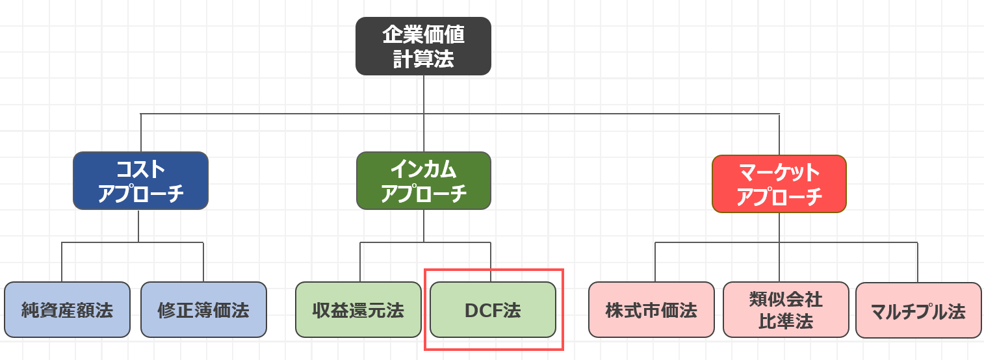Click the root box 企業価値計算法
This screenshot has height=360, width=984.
(423, 46)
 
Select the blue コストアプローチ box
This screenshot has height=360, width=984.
(140, 181)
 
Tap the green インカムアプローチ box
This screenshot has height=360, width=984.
(423, 181)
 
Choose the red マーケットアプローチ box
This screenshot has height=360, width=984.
(779, 184)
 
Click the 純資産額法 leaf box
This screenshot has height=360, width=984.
(67, 310)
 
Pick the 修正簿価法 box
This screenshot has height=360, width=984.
(203, 310)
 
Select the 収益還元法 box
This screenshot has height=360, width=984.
(358, 310)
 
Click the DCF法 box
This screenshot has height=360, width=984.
(493, 310)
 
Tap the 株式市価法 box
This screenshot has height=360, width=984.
(651, 310)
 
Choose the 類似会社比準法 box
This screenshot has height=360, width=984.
(786, 310)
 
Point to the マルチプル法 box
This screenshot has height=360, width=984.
(918, 311)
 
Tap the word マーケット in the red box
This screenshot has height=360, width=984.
(779, 173)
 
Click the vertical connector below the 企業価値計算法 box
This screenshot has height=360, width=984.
(424, 94)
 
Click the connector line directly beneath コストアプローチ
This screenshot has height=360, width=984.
(138, 225)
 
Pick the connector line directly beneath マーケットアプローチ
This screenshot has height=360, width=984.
(779, 227)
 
